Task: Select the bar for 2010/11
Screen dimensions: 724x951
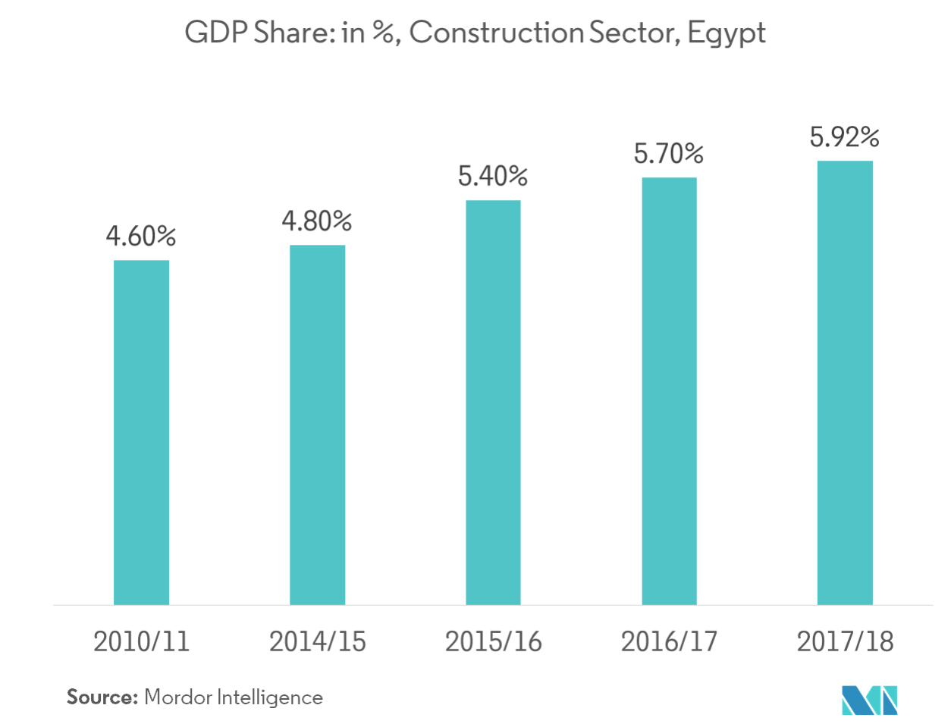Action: coord(142,432)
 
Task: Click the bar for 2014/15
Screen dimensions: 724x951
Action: coord(318,425)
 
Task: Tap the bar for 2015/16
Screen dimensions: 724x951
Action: coord(494,402)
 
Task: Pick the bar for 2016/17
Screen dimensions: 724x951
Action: coord(669,390)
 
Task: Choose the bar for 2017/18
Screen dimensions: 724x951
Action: coord(845,382)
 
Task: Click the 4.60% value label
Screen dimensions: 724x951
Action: coord(141,237)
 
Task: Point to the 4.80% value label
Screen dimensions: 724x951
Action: coord(317,221)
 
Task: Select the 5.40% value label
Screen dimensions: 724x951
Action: coord(493,177)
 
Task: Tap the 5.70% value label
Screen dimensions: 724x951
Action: coord(669,155)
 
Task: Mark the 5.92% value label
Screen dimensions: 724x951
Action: coord(844,138)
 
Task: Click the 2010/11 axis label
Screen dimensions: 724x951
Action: coord(142,641)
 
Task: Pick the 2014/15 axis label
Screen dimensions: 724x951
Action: coord(318,641)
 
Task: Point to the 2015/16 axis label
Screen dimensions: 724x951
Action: coord(494,641)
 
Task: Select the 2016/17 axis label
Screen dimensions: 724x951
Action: coord(669,641)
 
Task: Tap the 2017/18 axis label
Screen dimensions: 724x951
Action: coord(845,641)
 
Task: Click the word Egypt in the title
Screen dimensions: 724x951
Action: coord(727,35)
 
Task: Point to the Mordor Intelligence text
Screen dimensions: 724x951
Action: coord(234,697)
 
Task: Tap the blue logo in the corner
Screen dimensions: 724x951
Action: coord(869,699)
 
